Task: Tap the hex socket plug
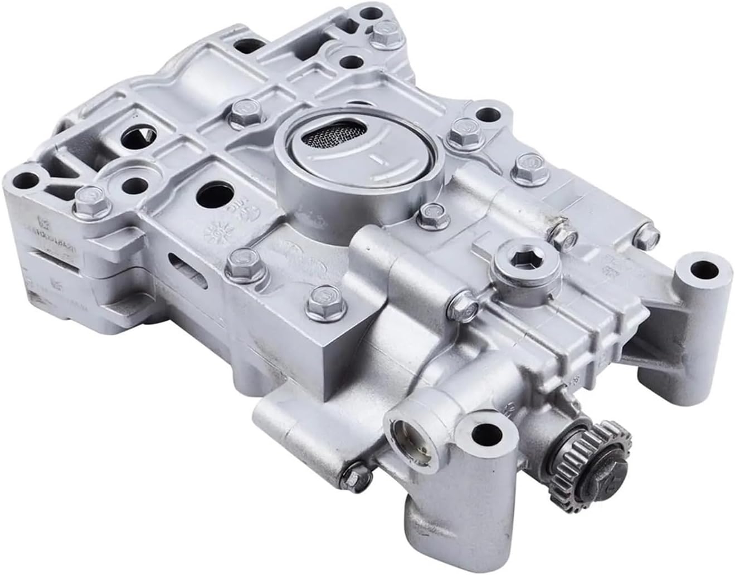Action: tap(522, 258)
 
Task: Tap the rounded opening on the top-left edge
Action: tap(245, 40)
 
